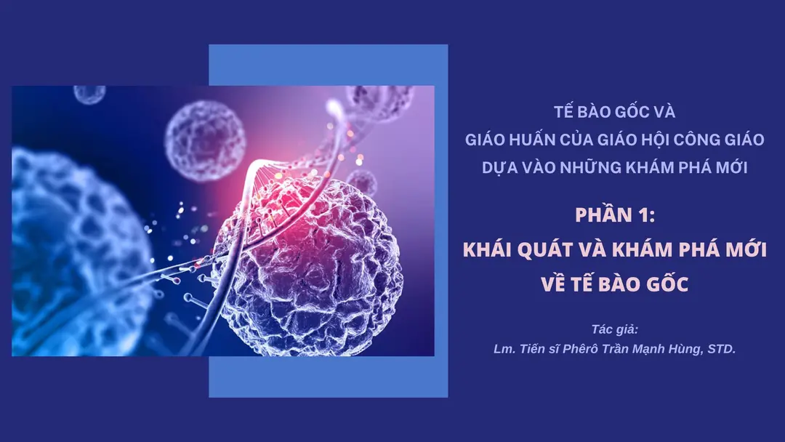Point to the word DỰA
(499, 166)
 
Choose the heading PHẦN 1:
(614, 216)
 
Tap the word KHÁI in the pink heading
(495, 250)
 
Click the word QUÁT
(565, 250)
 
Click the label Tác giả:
(614, 329)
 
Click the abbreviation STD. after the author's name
(721, 349)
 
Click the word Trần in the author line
(613, 349)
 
